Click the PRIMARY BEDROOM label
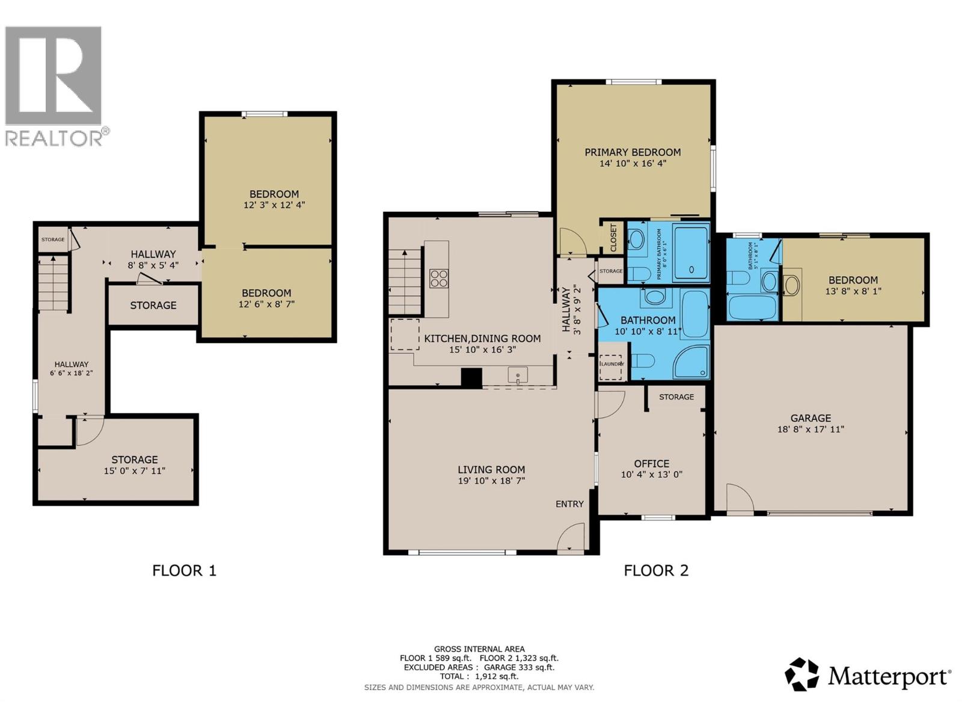(x=633, y=152)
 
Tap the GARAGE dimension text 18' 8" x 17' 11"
(x=810, y=429)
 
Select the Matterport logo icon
(x=801, y=674)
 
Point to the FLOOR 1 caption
(x=184, y=570)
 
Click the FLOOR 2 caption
(x=656, y=570)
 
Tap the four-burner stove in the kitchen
(x=438, y=278)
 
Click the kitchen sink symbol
(x=518, y=375)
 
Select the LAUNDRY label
(x=612, y=364)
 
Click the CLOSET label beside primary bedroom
(x=613, y=238)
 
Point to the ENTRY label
(x=569, y=504)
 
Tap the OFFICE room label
(x=651, y=463)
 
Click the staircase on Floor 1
(x=54, y=283)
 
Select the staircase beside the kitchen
(x=404, y=282)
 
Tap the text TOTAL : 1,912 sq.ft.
(x=479, y=676)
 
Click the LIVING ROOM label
(x=491, y=469)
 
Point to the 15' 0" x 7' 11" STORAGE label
(x=134, y=465)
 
